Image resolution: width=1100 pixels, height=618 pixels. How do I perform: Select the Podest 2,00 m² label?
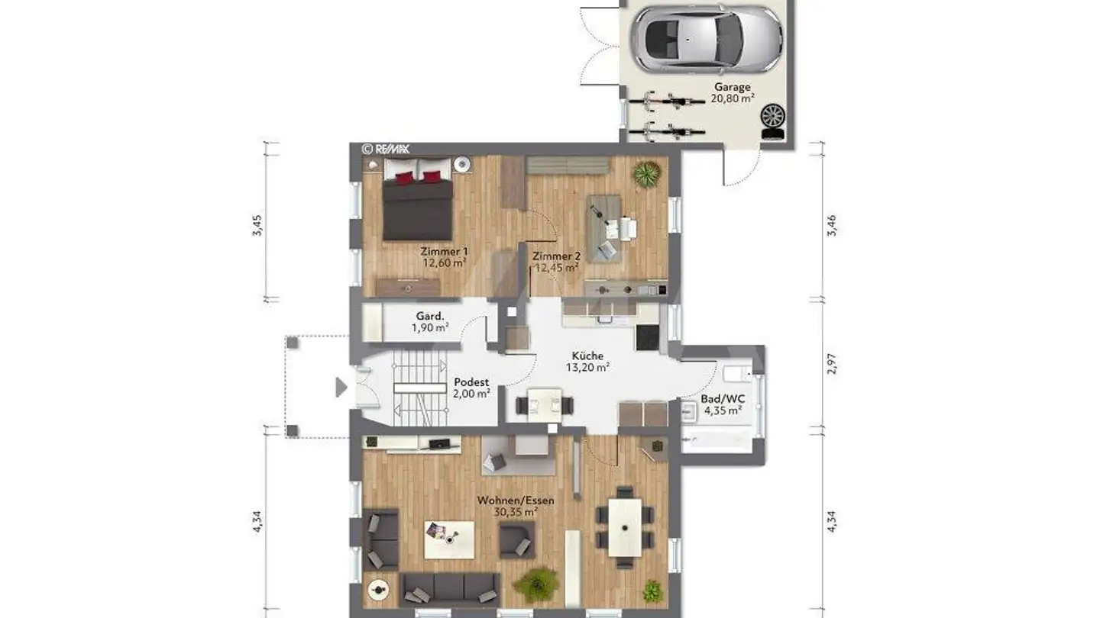click(x=471, y=388)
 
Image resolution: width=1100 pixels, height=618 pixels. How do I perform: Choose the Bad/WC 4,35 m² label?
click(x=722, y=404)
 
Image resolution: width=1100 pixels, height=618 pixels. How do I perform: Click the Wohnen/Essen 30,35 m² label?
click(x=516, y=506)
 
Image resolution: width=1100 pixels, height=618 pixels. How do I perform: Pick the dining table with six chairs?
click(x=625, y=527)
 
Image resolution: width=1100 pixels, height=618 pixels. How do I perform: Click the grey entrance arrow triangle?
click(x=341, y=388)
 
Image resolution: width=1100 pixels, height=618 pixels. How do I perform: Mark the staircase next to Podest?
click(x=419, y=388)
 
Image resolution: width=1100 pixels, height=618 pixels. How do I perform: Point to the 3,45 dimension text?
click(x=257, y=226)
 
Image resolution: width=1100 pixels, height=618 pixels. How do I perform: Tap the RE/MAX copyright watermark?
click(x=386, y=150)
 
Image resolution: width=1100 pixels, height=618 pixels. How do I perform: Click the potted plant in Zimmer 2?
click(x=646, y=174)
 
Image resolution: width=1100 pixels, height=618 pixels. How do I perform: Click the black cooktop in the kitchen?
click(x=647, y=337)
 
